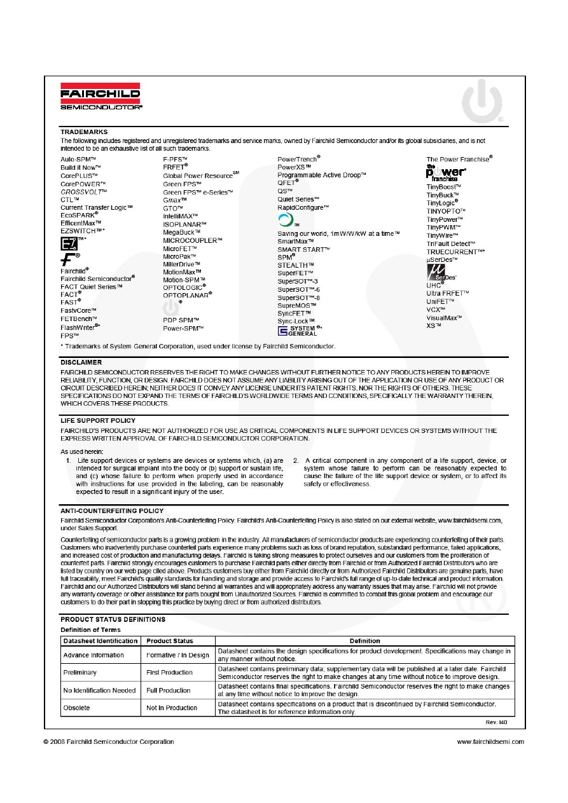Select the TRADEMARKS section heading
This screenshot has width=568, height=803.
click(x=84, y=132)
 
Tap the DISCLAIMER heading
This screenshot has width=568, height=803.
click(x=81, y=362)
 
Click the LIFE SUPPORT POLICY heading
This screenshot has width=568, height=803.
click(x=98, y=421)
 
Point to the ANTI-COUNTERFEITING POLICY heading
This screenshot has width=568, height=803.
click(x=112, y=511)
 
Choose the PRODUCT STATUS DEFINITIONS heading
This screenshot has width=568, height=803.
click(x=113, y=619)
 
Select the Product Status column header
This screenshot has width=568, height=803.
click(x=169, y=641)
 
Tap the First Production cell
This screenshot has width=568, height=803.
click(x=169, y=673)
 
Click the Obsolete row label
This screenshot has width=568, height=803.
click(x=76, y=708)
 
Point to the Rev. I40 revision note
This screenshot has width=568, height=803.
click(x=496, y=722)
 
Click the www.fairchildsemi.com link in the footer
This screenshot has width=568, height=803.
click(x=490, y=741)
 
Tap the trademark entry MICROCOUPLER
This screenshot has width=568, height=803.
click(x=192, y=240)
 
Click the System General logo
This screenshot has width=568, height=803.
click(x=297, y=331)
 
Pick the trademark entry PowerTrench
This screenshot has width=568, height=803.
click(x=299, y=158)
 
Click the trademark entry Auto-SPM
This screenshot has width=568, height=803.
click(x=78, y=158)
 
